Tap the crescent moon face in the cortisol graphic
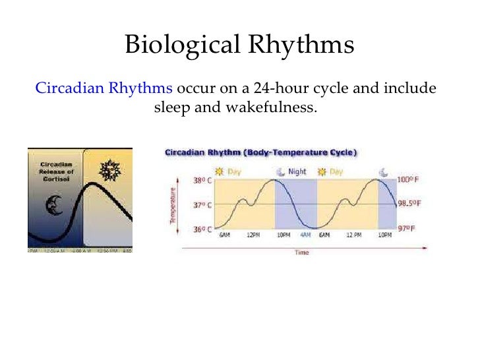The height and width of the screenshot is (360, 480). [x=53, y=206]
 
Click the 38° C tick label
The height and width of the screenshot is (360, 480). [x=201, y=179]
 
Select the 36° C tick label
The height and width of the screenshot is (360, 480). [x=201, y=229]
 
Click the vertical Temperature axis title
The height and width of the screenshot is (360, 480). [x=173, y=204]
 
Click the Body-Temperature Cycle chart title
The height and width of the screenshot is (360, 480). [x=260, y=152]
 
